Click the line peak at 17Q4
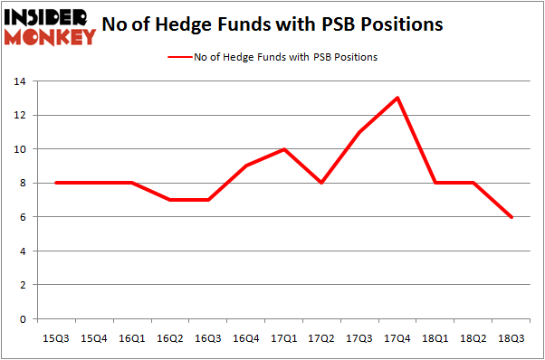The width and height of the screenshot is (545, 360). coord(397,98)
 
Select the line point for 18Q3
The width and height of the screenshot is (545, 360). coord(511,216)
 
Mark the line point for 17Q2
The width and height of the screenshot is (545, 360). coord(321,183)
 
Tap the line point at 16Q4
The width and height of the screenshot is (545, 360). coord(247,166)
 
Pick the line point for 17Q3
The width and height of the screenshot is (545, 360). coord(359,132)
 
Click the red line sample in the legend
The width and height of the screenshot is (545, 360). coord(178,57)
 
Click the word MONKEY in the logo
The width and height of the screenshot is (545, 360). coord(51,37)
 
